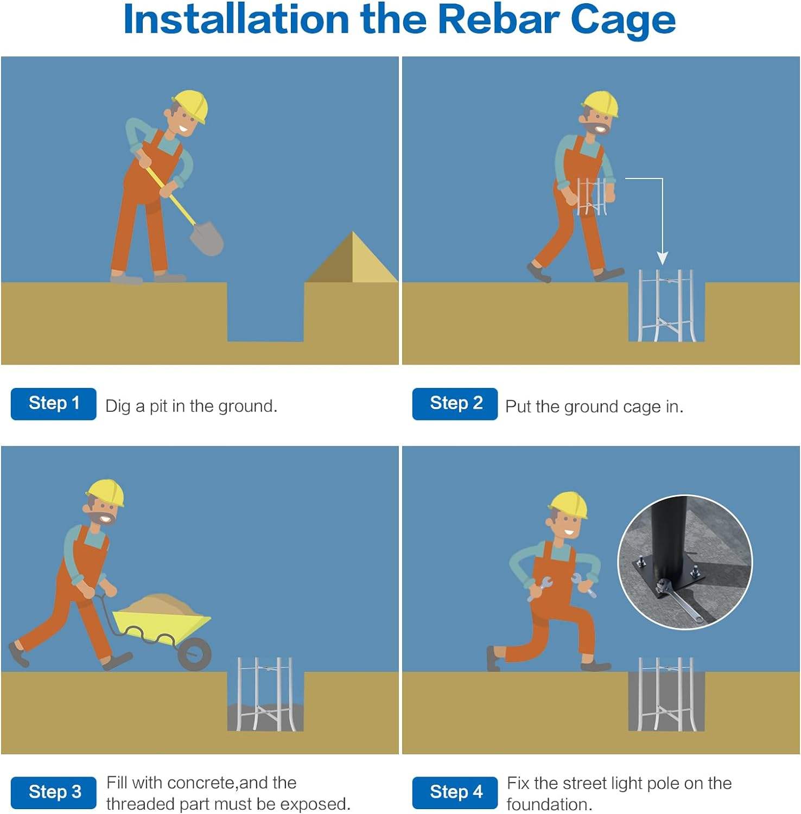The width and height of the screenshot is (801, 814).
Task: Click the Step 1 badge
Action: tap(54, 404)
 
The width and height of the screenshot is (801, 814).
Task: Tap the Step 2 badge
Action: tap(455, 404)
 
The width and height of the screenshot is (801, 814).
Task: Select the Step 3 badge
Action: tap(54, 792)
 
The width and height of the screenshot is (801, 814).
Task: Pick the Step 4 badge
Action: tap(455, 792)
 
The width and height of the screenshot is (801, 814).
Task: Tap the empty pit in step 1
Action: tap(265, 311)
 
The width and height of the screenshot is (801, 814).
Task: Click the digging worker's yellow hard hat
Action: tap(191, 106)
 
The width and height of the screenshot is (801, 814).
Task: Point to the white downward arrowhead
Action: tap(662, 258)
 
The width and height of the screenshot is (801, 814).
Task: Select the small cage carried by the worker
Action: tap(592, 196)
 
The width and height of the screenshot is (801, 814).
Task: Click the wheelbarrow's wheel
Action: tap(194, 654)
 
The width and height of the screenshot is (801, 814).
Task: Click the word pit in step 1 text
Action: tap(159, 406)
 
